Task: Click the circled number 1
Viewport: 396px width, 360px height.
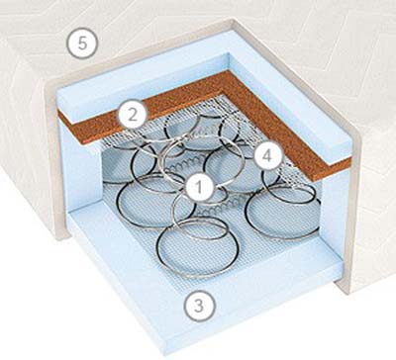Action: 199,187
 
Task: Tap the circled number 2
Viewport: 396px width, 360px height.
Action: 133,116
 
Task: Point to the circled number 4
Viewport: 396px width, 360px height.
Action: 268,156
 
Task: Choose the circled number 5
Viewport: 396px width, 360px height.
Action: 82,44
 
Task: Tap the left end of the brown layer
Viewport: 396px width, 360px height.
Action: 59,116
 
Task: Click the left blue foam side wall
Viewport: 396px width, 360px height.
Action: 81,171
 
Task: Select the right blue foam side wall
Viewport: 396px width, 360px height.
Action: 335,205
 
